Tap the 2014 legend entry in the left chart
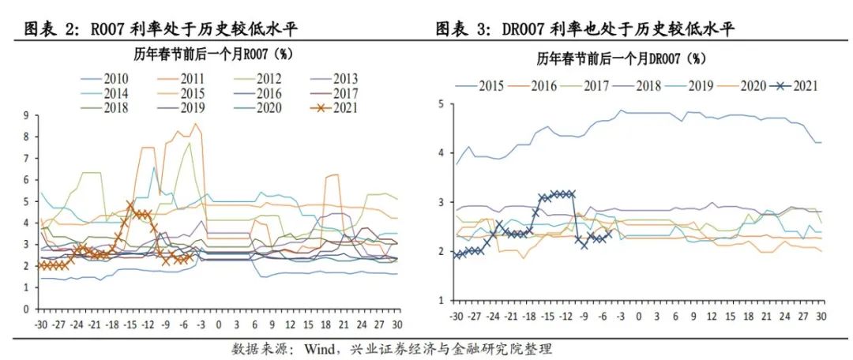(x=115, y=93)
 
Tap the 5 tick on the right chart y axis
(x=442, y=103)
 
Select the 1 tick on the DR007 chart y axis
(x=442, y=301)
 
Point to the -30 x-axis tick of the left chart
(x=39, y=324)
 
